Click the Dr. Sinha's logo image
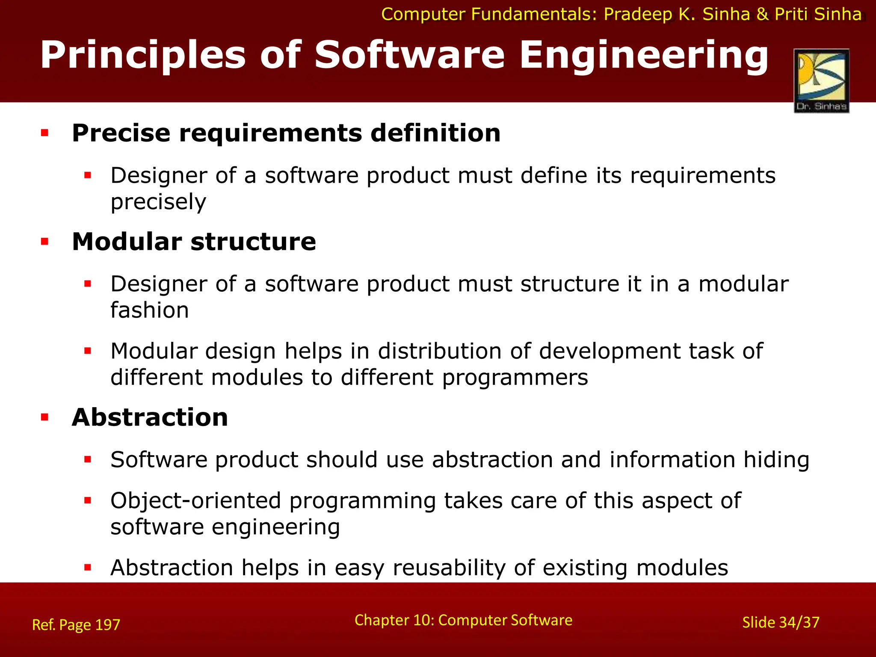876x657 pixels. tap(821, 80)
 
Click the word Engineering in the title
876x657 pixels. tap(644, 56)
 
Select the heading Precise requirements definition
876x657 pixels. tap(286, 133)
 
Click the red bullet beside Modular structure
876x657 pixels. tap(45, 242)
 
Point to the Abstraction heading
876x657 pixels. tap(150, 417)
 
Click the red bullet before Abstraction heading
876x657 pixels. tap(45, 417)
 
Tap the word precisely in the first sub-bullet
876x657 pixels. tap(158, 202)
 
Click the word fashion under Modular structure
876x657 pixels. tap(149, 310)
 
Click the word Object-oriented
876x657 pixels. tap(195, 500)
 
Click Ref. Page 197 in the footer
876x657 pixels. tap(76, 625)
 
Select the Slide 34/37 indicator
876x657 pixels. tap(781, 622)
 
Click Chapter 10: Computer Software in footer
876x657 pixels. tap(463, 620)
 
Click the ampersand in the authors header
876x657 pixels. tap(762, 15)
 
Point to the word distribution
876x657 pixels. tap(439, 351)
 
